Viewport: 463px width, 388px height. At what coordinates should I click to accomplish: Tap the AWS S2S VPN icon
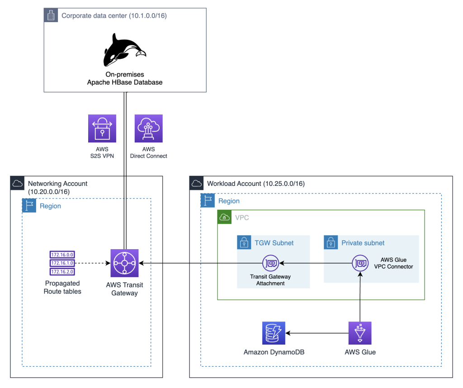102,128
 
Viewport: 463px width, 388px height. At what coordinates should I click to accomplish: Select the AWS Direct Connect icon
148,128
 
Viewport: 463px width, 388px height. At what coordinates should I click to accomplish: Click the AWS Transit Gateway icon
125,263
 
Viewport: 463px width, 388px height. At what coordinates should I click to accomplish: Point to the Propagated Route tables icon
62,263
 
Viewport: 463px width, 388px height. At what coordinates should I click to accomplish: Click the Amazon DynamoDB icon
274,333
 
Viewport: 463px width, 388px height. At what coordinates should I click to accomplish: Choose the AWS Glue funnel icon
360,333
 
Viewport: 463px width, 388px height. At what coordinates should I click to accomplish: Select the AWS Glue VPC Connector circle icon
360,263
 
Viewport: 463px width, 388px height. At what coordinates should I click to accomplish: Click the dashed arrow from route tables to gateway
93,263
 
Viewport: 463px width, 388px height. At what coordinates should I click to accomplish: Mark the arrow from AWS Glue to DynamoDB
317,333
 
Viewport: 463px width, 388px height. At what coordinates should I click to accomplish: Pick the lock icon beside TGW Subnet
244,242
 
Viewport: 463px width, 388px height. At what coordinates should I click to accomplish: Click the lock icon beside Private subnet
331,242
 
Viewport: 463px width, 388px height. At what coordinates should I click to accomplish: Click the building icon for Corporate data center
51,15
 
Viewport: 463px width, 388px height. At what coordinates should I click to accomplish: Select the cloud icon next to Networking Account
18,183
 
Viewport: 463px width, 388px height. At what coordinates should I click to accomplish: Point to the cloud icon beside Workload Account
197,183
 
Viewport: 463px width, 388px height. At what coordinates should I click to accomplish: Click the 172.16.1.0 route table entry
62,263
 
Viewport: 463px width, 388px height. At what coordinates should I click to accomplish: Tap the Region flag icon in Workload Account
208,201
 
